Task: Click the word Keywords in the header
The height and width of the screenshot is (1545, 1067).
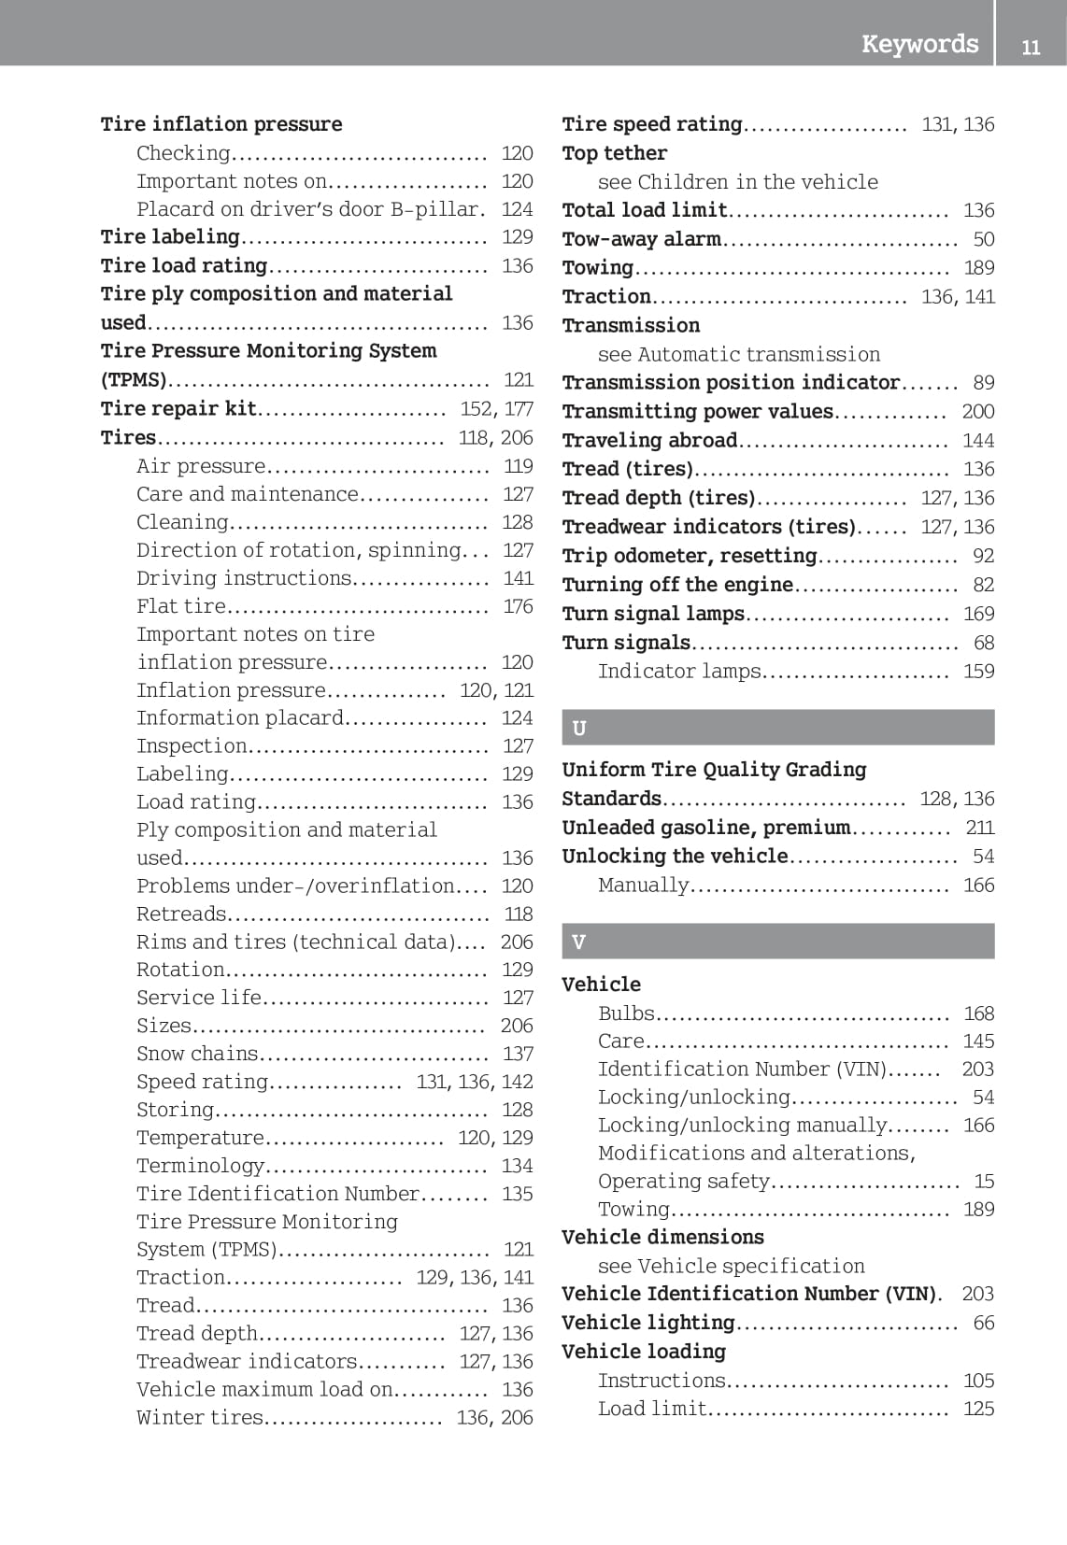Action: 919,44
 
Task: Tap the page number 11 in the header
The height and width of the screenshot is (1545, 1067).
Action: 1031,47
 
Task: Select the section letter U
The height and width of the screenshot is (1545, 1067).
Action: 579,728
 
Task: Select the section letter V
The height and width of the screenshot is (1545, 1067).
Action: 578,942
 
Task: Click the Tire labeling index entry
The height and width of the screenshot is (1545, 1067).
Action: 170,237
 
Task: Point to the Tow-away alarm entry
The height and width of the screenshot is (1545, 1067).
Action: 641,239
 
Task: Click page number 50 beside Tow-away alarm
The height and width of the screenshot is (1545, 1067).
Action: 983,239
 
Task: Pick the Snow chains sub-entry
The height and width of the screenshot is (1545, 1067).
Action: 197,1054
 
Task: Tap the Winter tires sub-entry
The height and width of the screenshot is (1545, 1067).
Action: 200,1417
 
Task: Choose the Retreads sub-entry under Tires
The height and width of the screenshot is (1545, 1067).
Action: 181,914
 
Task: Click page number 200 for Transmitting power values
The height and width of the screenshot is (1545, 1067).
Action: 977,412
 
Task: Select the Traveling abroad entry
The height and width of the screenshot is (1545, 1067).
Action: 649,440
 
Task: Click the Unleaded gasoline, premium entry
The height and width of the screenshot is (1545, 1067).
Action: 705,828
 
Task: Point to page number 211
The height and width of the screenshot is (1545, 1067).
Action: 979,828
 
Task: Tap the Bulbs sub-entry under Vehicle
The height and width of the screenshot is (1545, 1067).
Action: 626,1013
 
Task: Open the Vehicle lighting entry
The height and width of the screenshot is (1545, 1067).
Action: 647,1323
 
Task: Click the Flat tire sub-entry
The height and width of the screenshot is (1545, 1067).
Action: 180,606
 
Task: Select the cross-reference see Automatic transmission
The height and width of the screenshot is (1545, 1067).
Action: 738,354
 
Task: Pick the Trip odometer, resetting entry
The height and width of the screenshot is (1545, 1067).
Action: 689,556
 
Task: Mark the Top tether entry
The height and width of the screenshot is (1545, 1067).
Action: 614,153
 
